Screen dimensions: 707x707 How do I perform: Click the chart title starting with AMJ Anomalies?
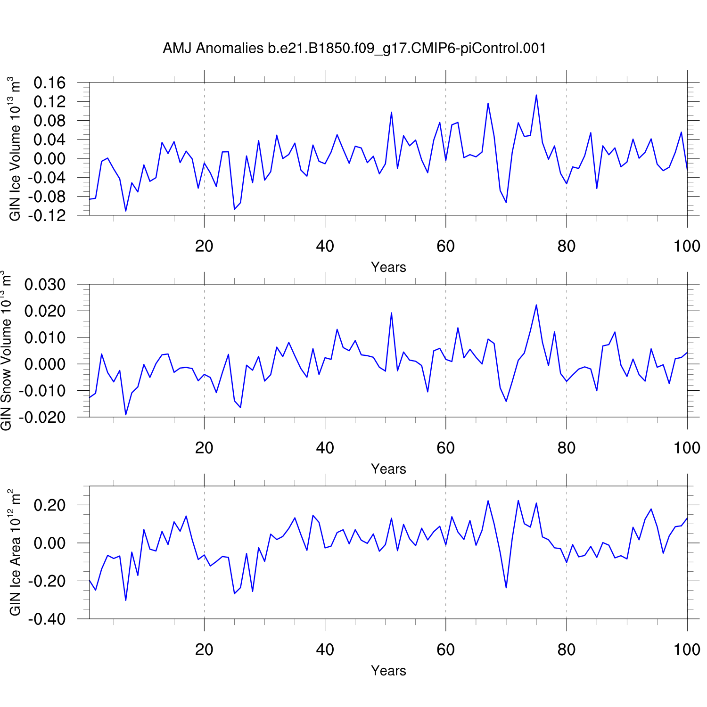pos(354,48)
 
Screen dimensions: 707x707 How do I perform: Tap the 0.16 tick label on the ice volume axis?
pos(49,83)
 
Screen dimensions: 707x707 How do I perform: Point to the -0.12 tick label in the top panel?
pos(47,215)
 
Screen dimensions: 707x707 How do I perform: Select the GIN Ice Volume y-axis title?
pos(15,149)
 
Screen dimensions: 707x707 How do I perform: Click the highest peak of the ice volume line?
pos(536,95)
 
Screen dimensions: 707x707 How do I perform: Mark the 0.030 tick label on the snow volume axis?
pos(45,285)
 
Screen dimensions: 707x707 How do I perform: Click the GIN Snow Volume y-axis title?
pos(6,351)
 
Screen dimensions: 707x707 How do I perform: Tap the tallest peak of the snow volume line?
pos(536,305)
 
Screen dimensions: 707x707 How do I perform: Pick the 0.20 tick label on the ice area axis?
pos(49,505)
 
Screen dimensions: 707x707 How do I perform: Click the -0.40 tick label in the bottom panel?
pos(47,619)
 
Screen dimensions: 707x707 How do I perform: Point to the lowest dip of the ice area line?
pos(125,600)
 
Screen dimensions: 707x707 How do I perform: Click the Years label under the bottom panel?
pos(388,671)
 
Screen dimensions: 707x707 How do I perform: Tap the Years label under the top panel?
pos(388,267)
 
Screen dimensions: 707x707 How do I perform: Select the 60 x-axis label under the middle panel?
pos(445,448)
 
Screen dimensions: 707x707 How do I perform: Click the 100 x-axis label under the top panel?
pos(687,246)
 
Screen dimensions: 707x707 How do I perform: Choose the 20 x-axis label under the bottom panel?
pos(204,649)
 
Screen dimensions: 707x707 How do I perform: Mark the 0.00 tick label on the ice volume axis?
pos(49,159)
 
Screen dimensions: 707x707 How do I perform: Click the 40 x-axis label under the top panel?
pos(325,246)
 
